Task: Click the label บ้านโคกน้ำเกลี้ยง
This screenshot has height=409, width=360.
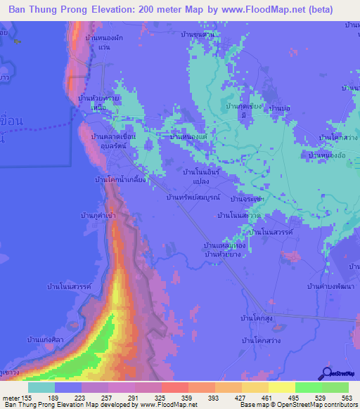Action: (120, 179)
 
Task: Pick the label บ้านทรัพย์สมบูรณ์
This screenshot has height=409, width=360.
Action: (193, 197)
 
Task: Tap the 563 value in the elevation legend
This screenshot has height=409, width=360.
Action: (347, 397)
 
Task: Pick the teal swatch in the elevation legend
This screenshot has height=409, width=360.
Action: (41, 387)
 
